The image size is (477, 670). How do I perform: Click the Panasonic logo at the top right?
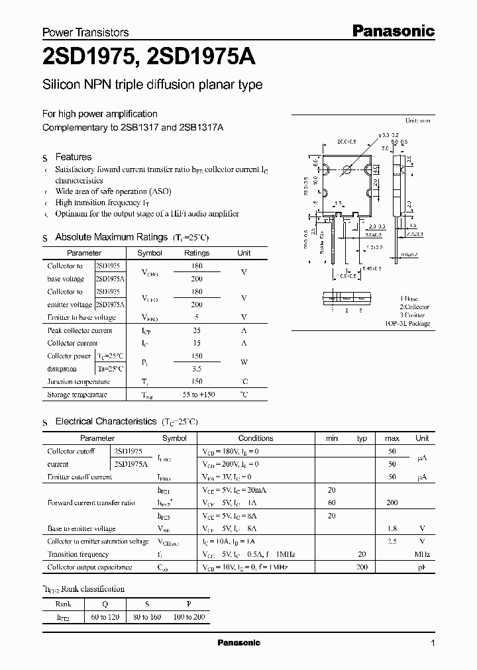[x=392, y=30]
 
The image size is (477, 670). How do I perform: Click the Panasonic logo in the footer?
[x=239, y=643]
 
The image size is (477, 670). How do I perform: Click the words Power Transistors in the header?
[x=85, y=32]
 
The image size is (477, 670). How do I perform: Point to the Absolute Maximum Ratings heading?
[x=111, y=237]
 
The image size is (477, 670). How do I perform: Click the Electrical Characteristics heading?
[x=106, y=421]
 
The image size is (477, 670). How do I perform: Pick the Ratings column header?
[x=197, y=253]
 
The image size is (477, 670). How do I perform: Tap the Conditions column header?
[x=256, y=438]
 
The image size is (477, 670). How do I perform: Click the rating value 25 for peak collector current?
[x=197, y=330]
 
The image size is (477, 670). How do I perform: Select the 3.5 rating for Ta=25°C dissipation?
[x=197, y=369]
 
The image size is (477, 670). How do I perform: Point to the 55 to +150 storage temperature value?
[x=197, y=395]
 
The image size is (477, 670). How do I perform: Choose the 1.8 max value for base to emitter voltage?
[x=392, y=528]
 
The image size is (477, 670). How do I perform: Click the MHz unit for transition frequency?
[x=422, y=554]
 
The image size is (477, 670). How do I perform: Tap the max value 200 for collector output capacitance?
[x=362, y=567]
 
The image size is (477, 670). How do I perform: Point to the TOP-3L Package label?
[x=407, y=324]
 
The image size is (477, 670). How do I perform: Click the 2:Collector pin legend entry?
[x=414, y=307]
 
